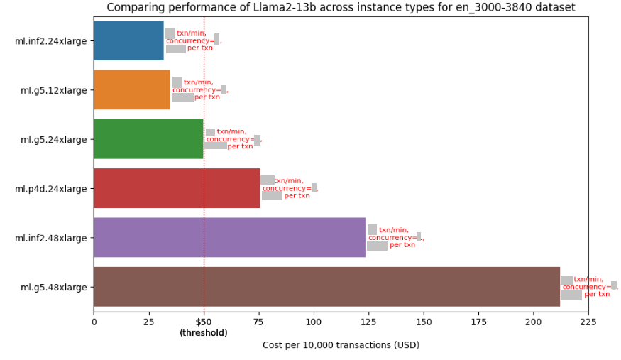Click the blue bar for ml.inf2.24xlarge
[x=128, y=40]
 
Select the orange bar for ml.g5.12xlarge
[x=132, y=89]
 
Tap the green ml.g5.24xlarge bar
[x=148, y=139]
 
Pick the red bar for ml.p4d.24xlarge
[x=177, y=188]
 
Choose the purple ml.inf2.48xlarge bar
[x=229, y=237]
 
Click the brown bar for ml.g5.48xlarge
[x=326, y=287]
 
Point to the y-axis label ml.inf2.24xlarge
[x=51, y=41]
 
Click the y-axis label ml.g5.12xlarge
[x=54, y=90]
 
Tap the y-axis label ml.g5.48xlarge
[x=54, y=288]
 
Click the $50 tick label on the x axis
[x=204, y=322]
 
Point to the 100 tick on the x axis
[x=314, y=322]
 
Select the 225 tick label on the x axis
[x=588, y=322]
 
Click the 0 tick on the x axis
[x=94, y=322]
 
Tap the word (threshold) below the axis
[x=204, y=333]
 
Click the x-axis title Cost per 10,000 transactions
[x=341, y=345]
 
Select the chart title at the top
[x=341, y=8]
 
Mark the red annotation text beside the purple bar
[x=395, y=237]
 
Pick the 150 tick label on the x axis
[x=424, y=322]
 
